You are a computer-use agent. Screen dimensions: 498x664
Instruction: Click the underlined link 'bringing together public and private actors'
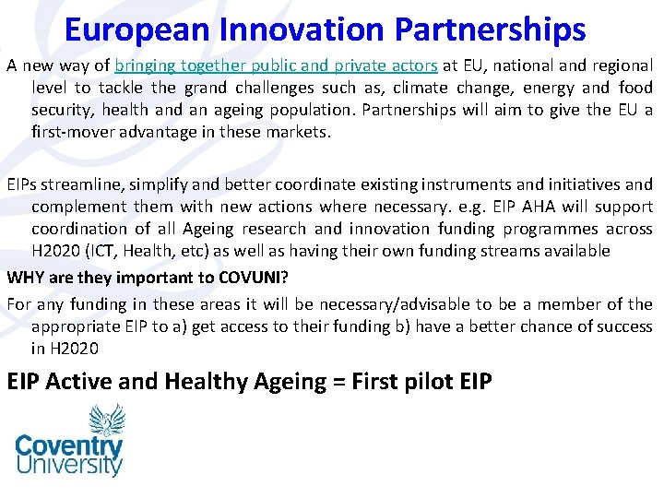tap(276, 65)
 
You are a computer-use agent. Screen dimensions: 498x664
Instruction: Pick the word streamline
tap(79, 184)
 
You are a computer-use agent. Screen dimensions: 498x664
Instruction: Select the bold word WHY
tap(27, 277)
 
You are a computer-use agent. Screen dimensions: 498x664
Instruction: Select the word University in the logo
tap(69, 465)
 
